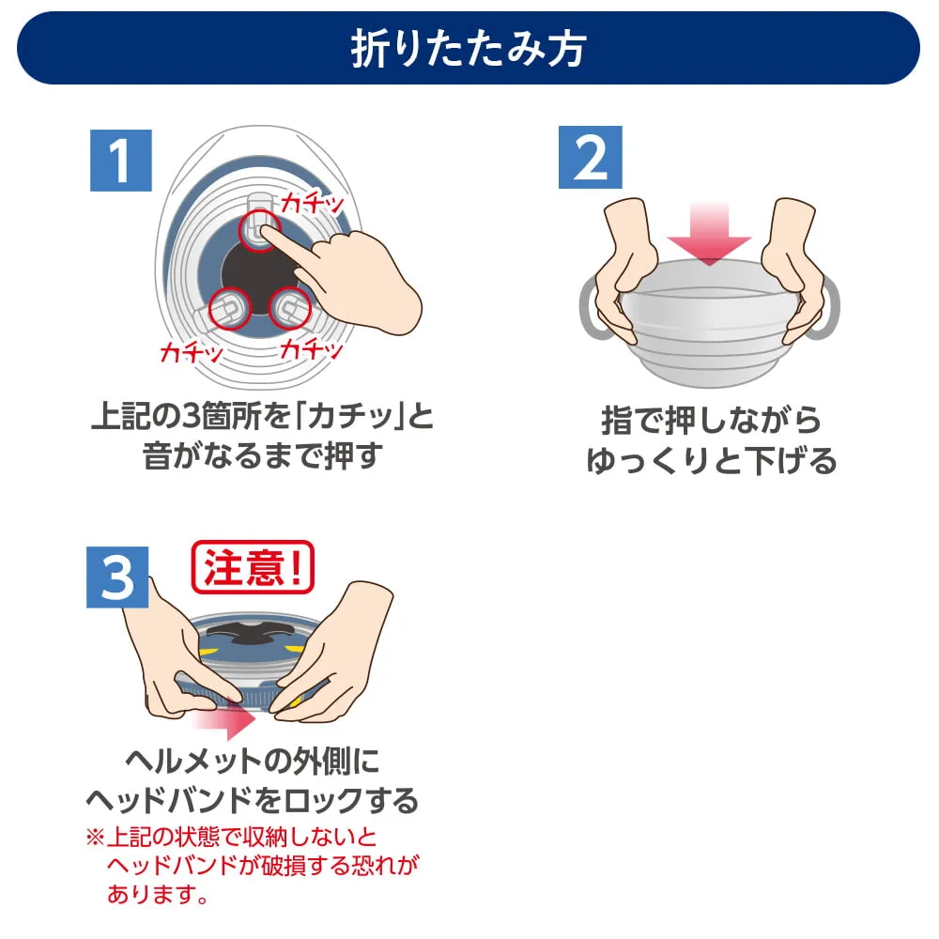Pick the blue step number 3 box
tap(119, 578)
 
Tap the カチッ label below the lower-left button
tap(192, 352)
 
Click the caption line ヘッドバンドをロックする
tap(252, 800)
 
